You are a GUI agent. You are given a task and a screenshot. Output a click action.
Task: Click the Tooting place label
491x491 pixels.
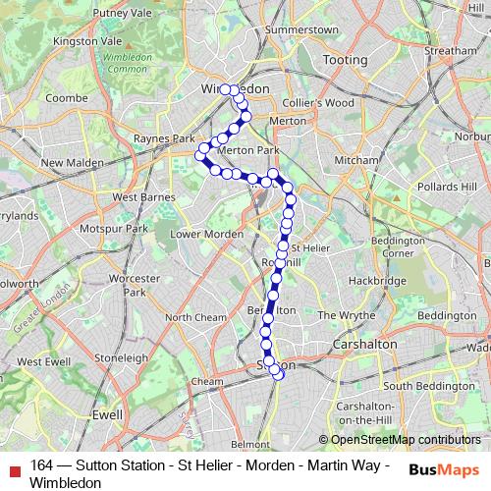[345, 60]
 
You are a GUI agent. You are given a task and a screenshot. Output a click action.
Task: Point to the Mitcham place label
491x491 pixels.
[355, 160]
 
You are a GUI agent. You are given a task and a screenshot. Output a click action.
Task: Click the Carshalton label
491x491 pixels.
[365, 345]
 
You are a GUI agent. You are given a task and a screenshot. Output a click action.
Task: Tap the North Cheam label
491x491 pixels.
[195, 317]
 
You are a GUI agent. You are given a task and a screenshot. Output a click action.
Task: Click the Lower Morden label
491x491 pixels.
[206, 234]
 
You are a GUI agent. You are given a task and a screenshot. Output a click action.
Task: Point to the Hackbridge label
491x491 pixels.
[376, 281]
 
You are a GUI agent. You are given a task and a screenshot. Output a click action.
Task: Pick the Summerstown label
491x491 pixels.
[300, 30]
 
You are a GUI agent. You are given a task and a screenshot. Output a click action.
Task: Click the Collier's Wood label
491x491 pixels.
[320, 103]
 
